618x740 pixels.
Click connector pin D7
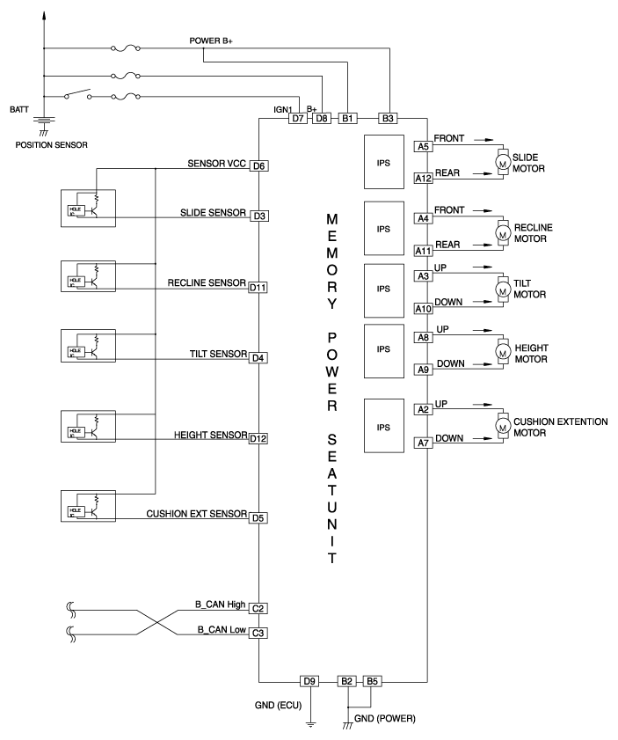298,118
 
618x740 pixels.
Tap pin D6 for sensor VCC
258,165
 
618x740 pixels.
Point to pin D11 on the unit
258,287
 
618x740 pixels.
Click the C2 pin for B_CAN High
258,608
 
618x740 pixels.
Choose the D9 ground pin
309,681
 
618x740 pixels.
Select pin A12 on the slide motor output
422,179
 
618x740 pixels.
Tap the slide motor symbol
504,162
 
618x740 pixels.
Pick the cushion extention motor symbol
504,427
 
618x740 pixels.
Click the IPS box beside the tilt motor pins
382,288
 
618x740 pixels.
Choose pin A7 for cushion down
422,445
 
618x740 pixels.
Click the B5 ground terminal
374,681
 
